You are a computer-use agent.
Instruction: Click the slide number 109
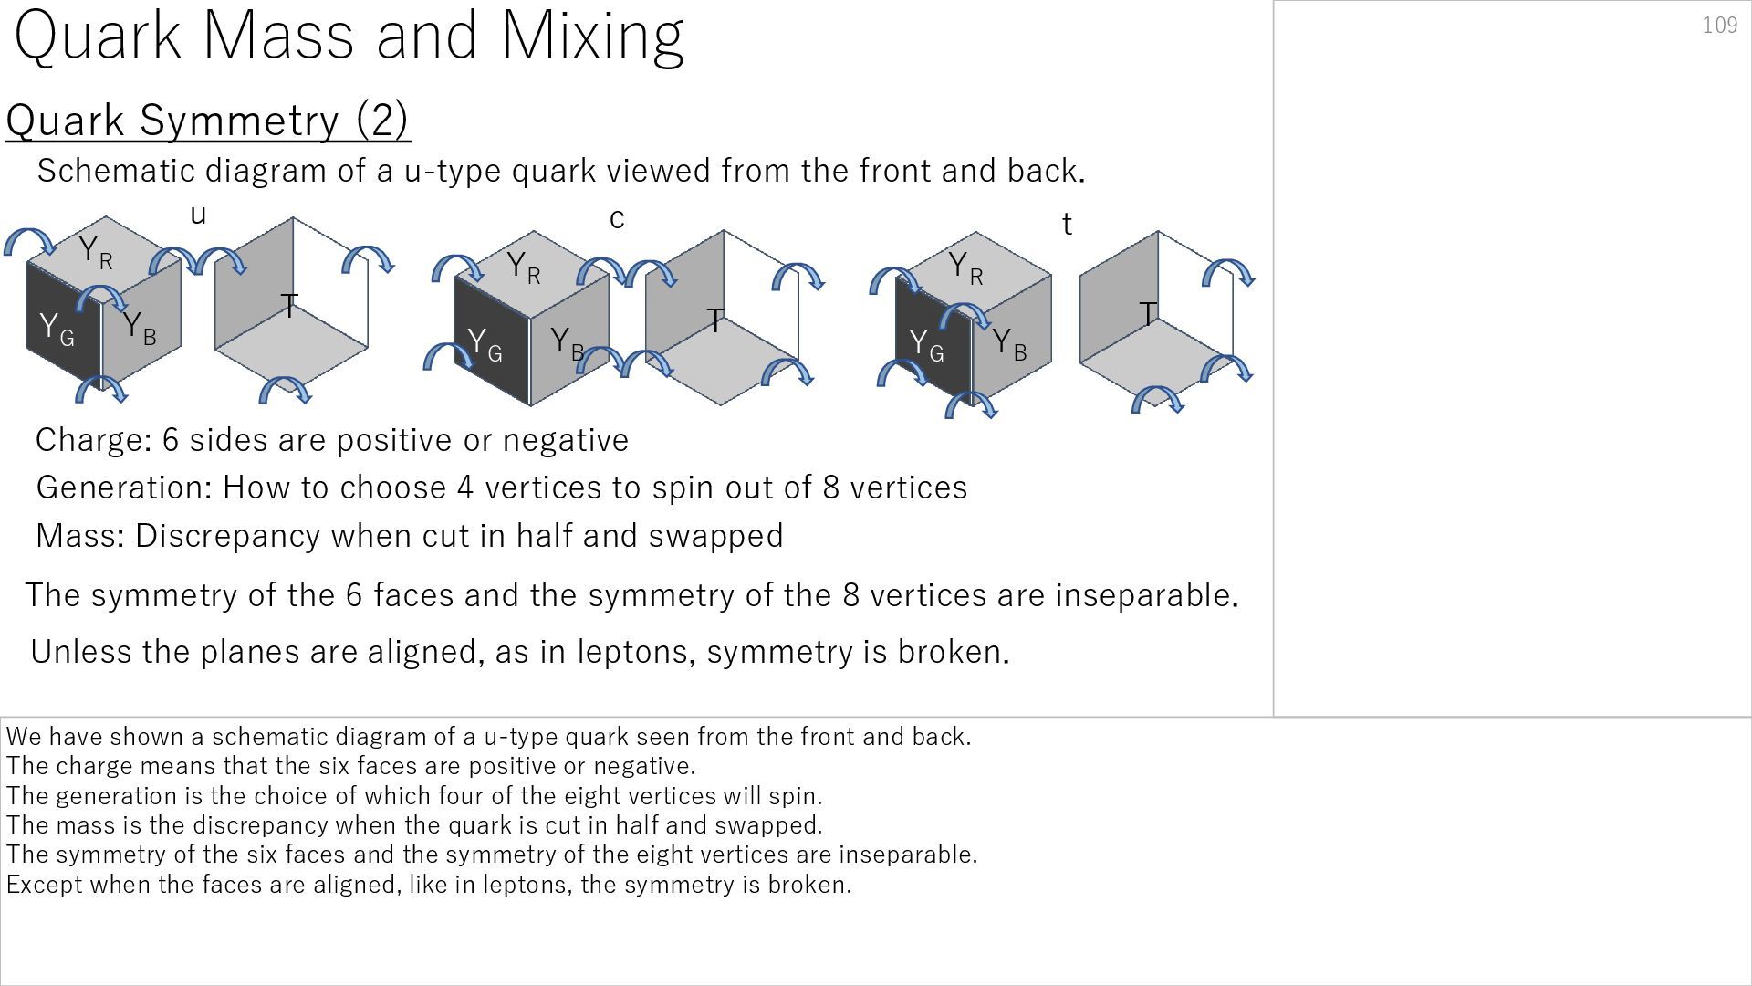(1719, 26)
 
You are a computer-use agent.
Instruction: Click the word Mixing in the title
(592, 37)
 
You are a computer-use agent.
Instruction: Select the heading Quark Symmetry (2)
(208, 121)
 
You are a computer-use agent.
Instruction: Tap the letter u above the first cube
(198, 215)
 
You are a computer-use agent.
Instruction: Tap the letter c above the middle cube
(617, 219)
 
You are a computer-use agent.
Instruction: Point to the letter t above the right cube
(1067, 224)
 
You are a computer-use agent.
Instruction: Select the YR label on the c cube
(523, 267)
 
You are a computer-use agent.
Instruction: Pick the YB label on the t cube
(1008, 344)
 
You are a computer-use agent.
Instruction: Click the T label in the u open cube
(289, 306)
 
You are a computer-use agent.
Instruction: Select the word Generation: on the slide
(123, 488)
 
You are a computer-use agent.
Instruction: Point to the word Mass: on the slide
(79, 536)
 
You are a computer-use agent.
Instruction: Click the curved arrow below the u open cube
(286, 392)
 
